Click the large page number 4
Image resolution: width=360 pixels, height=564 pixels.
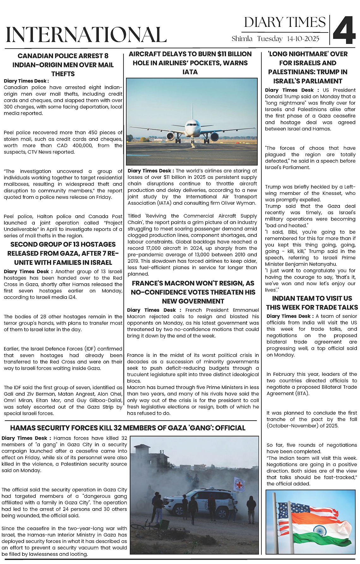click(x=344, y=30)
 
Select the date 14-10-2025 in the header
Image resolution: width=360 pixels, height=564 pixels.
click(x=303, y=39)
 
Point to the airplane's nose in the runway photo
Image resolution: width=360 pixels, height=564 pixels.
click(x=192, y=124)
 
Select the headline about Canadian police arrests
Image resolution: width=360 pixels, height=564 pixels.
click(x=63, y=65)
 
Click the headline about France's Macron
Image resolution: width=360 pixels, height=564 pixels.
click(x=193, y=292)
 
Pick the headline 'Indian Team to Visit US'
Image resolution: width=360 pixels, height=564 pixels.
click(x=312, y=303)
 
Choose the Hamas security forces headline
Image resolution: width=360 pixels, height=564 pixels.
click(x=128, y=428)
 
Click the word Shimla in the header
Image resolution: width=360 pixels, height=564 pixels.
click(x=242, y=39)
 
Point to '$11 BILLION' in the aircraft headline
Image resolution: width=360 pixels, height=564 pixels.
click(x=234, y=54)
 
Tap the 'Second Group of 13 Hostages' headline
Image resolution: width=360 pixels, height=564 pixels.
click(x=63, y=253)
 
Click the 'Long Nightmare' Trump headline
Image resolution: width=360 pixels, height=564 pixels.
click(x=308, y=67)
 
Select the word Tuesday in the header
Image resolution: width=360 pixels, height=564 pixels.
click(x=270, y=39)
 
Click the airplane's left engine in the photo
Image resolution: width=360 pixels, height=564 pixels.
click(x=171, y=136)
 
